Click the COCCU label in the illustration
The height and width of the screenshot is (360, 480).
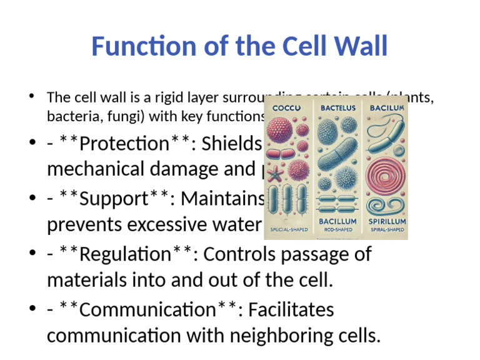(x=287, y=108)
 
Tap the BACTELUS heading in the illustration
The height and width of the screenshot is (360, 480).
(x=338, y=108)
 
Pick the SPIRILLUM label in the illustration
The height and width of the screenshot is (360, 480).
(x=386, y=221)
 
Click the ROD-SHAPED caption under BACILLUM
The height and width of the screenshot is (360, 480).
(x=338, y=230)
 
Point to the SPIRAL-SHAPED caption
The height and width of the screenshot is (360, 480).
(x=386, y=230)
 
